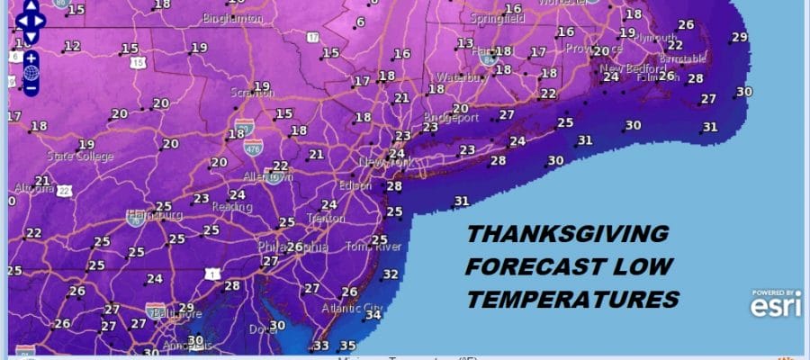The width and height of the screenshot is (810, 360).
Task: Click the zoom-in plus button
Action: pyautogui.click(x=30, y=58)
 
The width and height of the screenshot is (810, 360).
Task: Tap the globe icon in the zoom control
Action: pyautogui.click(x=30, y=73)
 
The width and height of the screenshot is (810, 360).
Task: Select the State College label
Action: pyautogui.click(x=81, y=157)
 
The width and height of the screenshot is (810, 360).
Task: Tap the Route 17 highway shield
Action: pyautogui.click(x=312, y=37)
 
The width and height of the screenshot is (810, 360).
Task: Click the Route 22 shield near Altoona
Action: pyautogui.click(x=63, y=190)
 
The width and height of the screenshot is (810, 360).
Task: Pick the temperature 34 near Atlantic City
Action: pyautogui.click(x=373, y=315)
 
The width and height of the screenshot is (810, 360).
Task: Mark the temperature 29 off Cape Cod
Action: pyautogui.click(x=740, y=37)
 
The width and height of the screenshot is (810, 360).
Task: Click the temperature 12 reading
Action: pyautogui.click(x=72, y=46)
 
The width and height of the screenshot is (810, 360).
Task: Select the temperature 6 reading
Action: pyautogui.click(x=361, y=22)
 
